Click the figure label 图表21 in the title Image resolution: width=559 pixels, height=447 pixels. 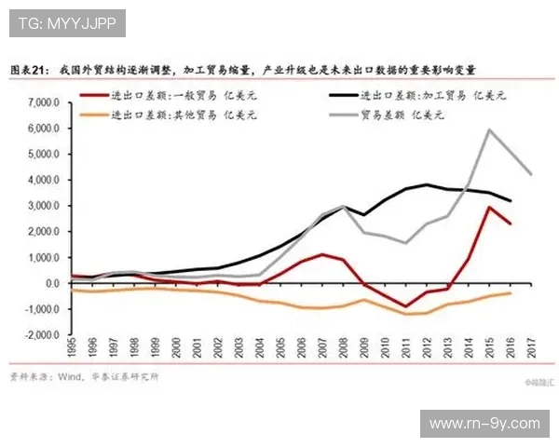(x=29, y=70)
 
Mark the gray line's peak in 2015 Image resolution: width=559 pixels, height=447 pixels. (x=489, y=129)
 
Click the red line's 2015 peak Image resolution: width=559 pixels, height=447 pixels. (x=489, y=207)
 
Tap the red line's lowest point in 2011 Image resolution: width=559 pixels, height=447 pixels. (x=406, y=305)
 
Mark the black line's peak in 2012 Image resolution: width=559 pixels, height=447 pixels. (x=427, y=184)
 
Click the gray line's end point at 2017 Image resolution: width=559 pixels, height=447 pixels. (x=531, y=174)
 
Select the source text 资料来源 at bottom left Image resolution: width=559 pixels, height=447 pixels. (x=29, y=377)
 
